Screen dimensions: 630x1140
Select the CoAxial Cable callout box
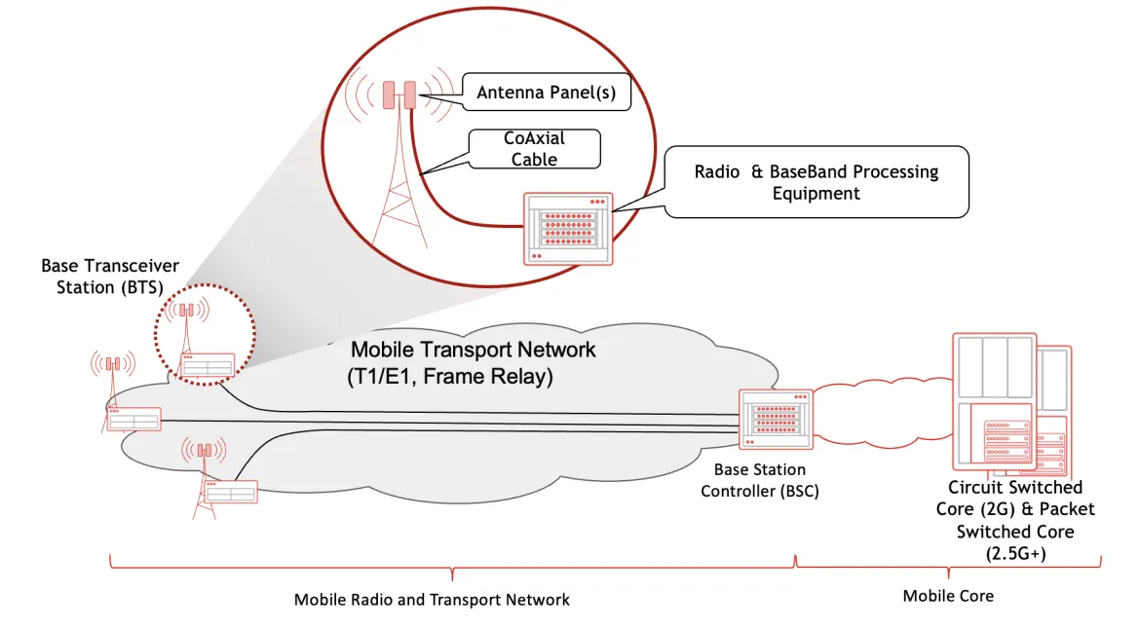[534, 149]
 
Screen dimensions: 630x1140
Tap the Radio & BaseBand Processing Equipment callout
[817, 181]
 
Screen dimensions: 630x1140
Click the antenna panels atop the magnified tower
[399, 94]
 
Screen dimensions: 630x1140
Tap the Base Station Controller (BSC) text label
[760, 481]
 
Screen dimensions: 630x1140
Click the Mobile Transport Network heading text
[473, 350]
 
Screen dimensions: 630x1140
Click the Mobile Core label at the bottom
[948, 595]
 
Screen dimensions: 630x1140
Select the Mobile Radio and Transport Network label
[432, 599]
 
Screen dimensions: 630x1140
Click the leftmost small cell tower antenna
[113, 364]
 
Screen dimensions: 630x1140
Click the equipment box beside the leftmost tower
[133, 420]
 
